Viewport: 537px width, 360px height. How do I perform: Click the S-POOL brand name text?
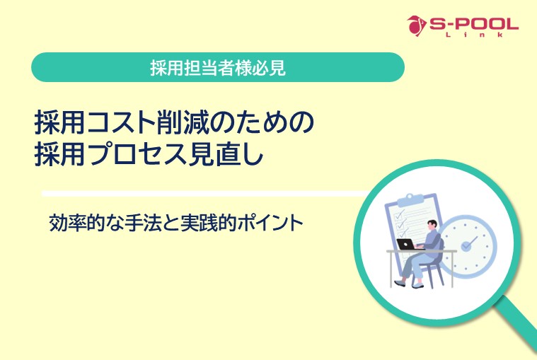click(x=473, y=23)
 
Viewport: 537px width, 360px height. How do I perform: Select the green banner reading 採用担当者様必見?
click(x=218, y=67)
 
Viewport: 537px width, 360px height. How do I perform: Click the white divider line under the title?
click(x=205, y=192)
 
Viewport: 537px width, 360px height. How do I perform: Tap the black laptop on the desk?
click(x=406, y=243)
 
